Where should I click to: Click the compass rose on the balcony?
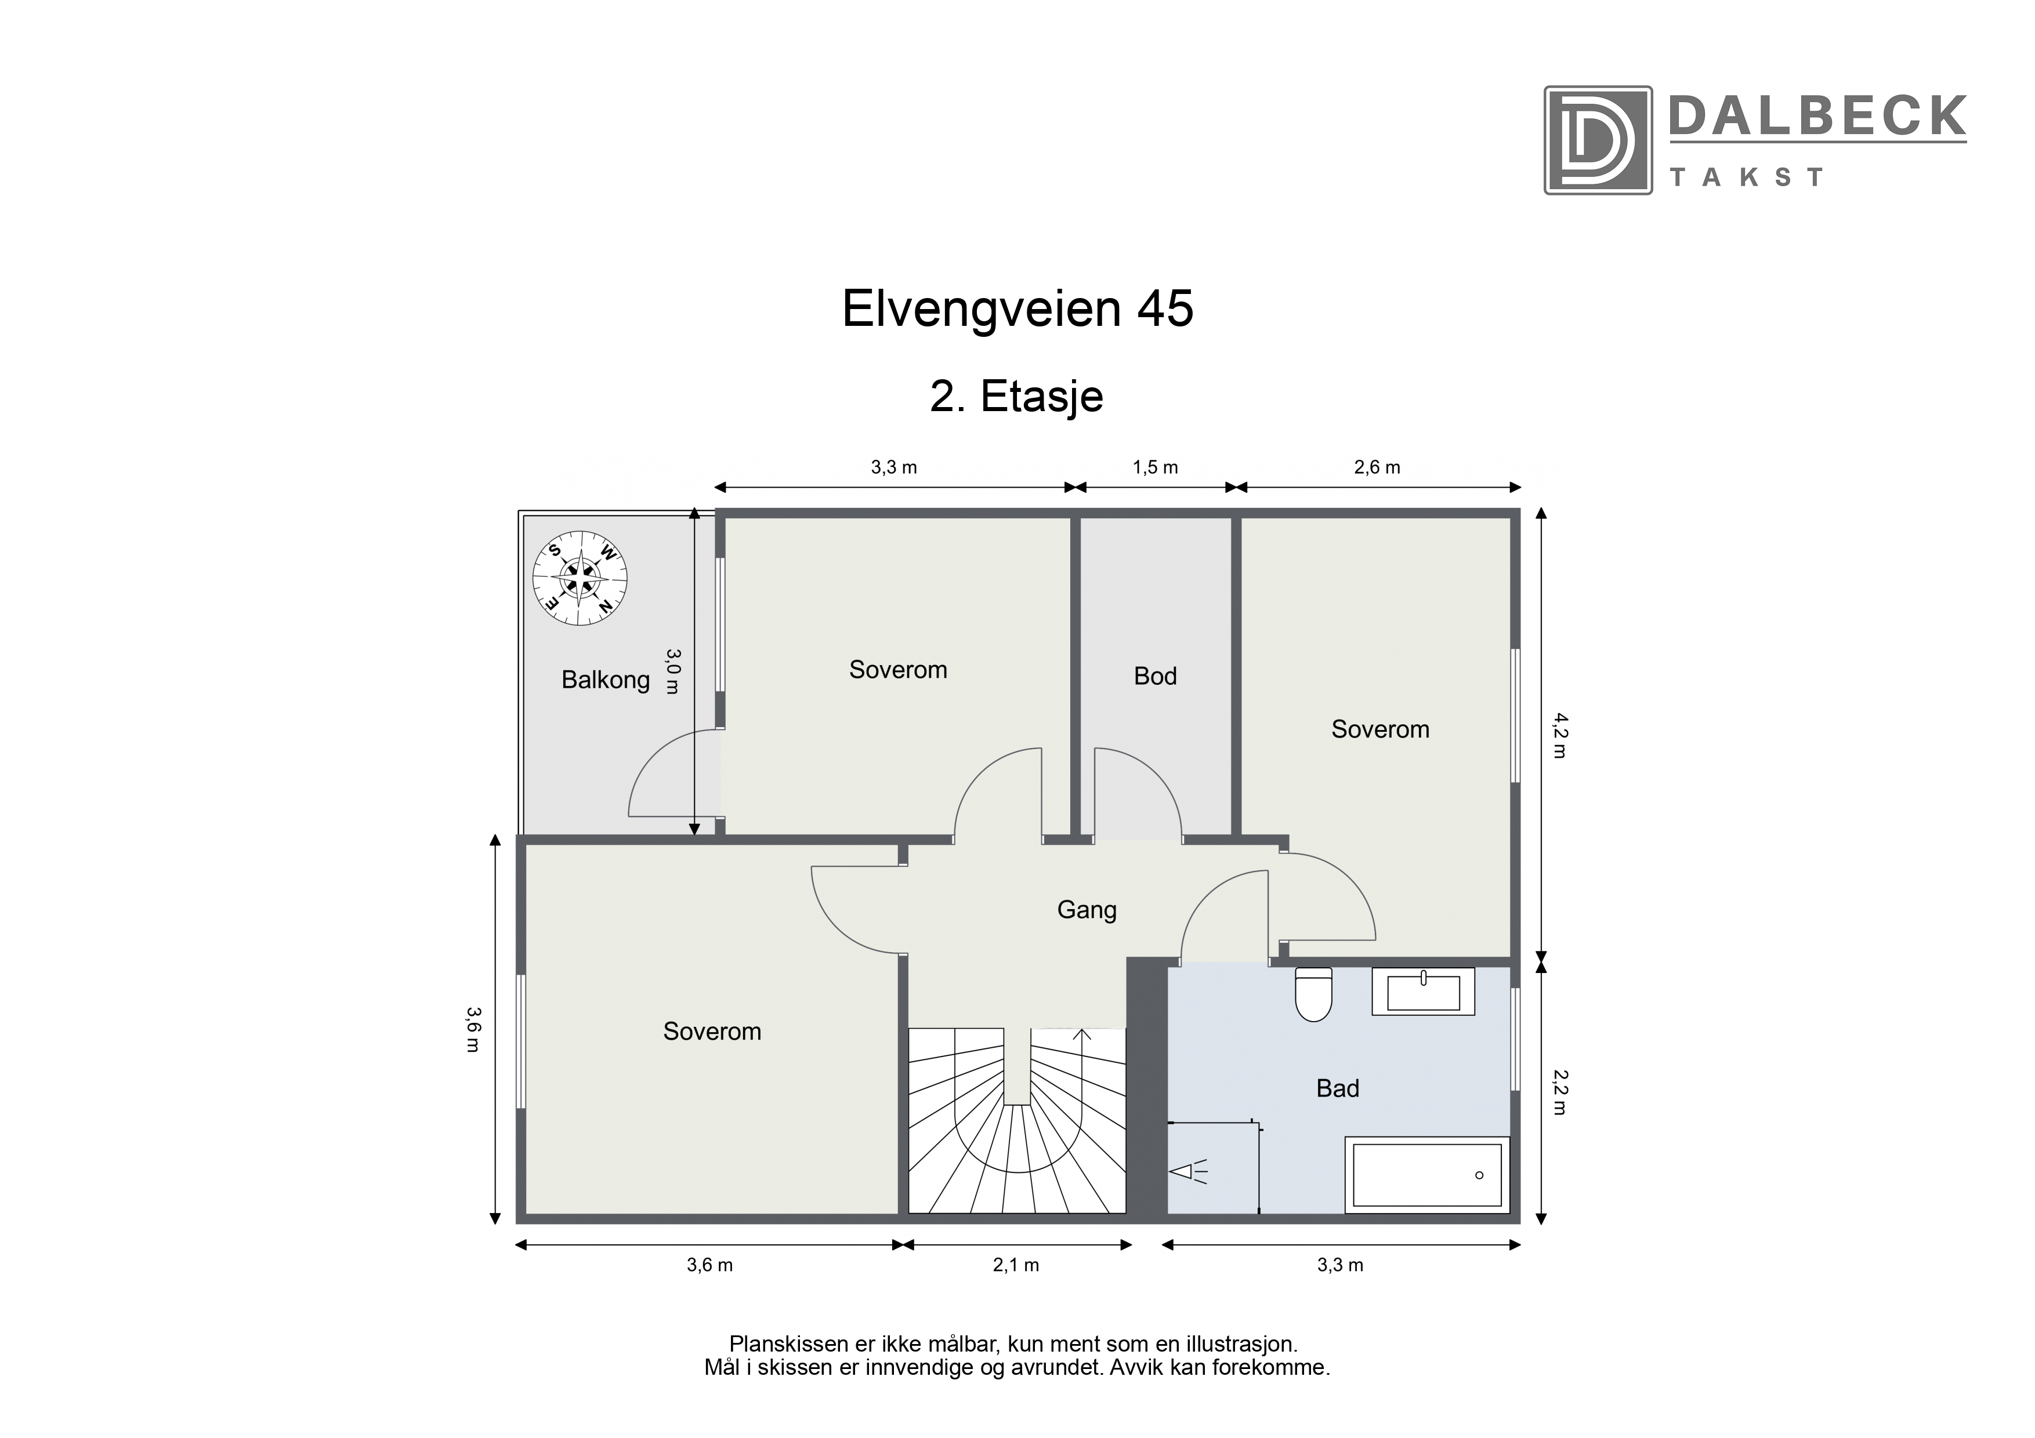click(580, 579)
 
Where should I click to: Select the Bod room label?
click(1155, 676)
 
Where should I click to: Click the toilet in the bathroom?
click(1313, 993)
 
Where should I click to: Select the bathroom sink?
click(1424, 992)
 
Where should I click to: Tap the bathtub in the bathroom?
click(1427, 1174)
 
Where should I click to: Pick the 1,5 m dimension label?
click(1155, 467)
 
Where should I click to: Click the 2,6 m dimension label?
click(1377, 467)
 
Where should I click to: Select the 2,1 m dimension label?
click(1016, 1265)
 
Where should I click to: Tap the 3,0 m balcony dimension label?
click(673, 671)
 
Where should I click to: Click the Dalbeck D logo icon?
click(1598, 140)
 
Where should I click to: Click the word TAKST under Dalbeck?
click(1746, 177)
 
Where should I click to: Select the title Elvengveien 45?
click(1018, 308)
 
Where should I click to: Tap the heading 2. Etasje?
click(1016, 397)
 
